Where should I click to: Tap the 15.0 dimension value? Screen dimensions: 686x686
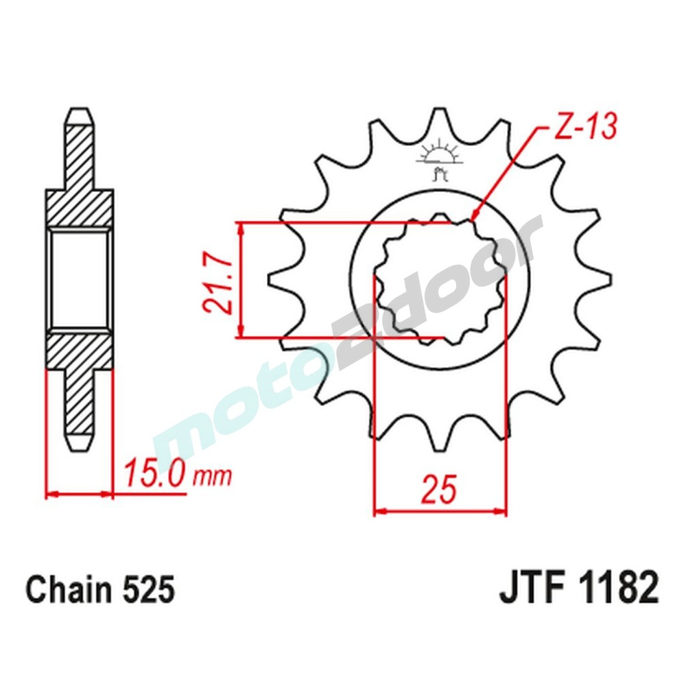[x=154, y=474]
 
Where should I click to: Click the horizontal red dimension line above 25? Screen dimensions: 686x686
[x=440, y=511]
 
